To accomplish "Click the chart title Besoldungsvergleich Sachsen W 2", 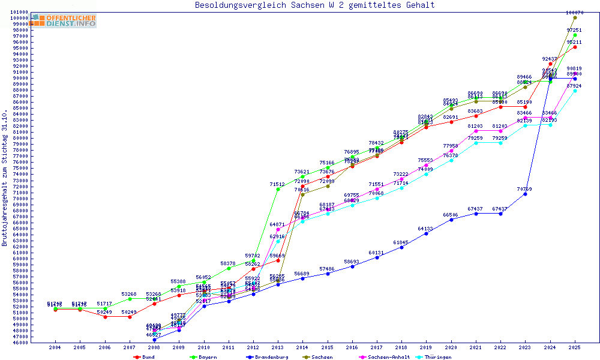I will click(314, 5).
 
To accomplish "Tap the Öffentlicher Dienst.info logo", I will click(64, 20).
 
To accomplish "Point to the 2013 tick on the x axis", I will click(278, 347).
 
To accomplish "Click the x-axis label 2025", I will click(575, 347).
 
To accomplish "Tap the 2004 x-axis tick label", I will click(55, 347).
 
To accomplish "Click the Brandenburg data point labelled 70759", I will click(525, 194).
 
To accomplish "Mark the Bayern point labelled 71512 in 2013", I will click(278, 190).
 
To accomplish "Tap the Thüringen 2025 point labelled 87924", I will click(575, 91).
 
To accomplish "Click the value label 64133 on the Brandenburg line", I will click(425, 229).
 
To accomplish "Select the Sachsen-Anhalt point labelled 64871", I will click(278, 229).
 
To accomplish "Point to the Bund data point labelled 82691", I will click(451, 122).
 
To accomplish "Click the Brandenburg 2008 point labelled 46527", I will click(154, 340).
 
